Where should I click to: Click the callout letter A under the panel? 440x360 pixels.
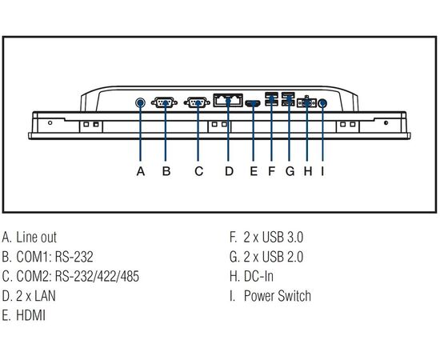coord(141,171)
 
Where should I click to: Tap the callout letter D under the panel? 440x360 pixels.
coord(230,171)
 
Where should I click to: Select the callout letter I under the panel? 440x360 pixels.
coord(322,171)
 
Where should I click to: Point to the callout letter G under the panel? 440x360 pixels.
coord(290,171)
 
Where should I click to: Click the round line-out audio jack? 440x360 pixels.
coord(140,103)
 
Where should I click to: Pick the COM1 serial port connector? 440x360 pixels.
coord(165,102)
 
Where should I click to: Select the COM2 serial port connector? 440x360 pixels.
coord(197,102)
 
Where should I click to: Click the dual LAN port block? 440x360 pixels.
coord(228,100)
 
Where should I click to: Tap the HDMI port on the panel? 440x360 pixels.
coord(253,103)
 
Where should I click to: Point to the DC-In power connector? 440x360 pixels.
coord(306,102)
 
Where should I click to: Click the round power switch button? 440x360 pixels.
coord(322,103)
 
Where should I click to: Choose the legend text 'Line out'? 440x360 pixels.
coord(37,237)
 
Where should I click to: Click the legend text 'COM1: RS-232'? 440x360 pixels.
coord(54,257)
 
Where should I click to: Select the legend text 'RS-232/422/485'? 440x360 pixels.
coord(97,276)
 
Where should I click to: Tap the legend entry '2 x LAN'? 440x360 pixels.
coord(36,296)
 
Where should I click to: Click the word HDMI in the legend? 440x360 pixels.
coord(31,315)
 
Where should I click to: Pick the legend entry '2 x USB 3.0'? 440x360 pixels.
coord(274,237)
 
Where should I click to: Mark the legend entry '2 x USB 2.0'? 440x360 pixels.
coord(274,257)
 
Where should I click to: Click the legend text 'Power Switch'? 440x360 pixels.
coord(278,296)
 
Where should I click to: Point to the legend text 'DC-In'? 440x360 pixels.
coord(258,276)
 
